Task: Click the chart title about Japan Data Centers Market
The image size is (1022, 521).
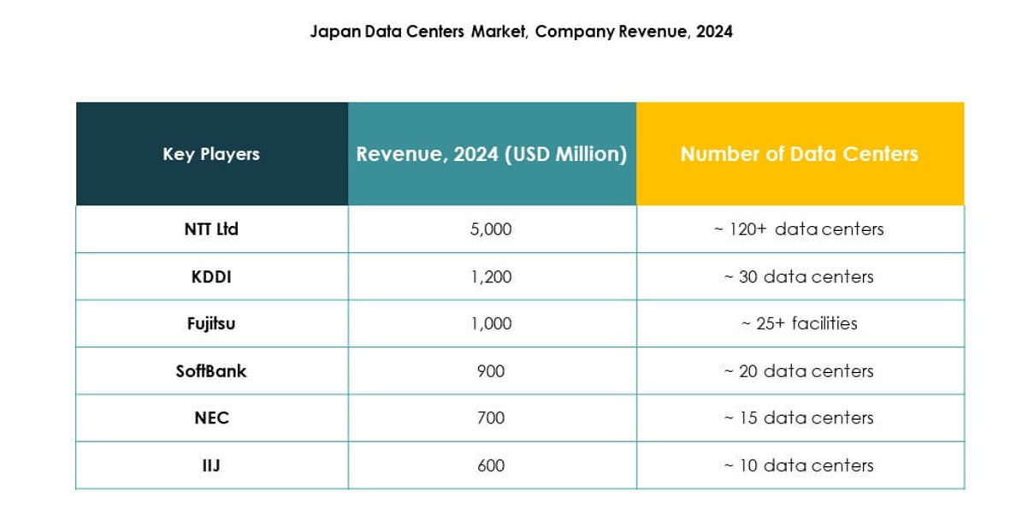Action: pos(521,32)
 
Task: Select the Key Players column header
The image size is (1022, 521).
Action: pos(211,154)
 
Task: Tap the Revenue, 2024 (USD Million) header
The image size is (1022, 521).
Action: pos(492,154)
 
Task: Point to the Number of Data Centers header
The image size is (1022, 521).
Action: pos(799,154)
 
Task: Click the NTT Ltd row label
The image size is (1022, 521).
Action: pos(211,229)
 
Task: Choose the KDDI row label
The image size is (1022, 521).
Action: pos(211,276)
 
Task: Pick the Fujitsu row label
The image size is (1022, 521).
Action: pos(211,323)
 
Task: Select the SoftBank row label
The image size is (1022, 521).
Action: pos(211,370)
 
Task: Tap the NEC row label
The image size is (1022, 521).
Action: pos(211,417)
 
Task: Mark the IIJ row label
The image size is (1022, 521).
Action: pos(211,465)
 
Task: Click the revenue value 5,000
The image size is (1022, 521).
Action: pos(491,229)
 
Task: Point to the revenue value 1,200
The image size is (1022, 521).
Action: pos(491,276)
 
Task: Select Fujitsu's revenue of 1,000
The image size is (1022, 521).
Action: pos(491,323)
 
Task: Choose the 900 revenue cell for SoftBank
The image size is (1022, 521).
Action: pos(491,370)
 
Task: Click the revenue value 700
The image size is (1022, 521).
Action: pos(491,417)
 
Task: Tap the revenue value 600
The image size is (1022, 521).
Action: pos(491,465)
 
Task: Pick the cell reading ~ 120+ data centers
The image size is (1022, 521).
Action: pos(799,229)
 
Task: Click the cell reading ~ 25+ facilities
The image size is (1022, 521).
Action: pos(799,323)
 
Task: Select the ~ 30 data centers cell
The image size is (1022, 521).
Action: pos(799,276)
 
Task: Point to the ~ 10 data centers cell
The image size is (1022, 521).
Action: pos(799,465)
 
